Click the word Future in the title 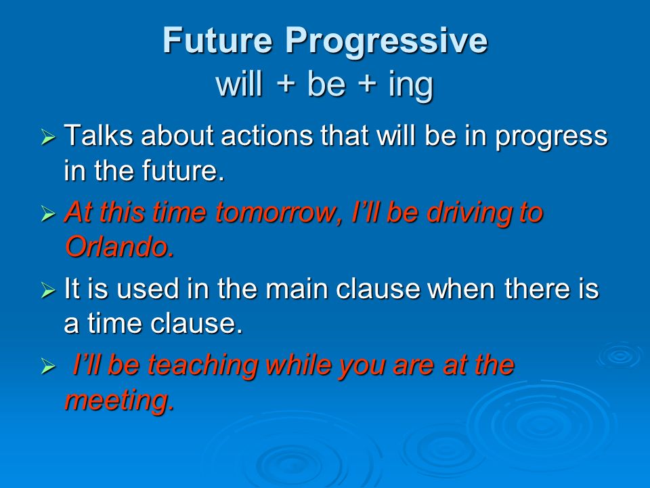coord(217,40)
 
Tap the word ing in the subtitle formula coord(411,86)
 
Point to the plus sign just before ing coord(366,85)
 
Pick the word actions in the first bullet coord(267,136)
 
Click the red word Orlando coord(119,247)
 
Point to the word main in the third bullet coord(297,289)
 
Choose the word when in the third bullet coord(461,289)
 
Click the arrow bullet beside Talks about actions coord(48,137)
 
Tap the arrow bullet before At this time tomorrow coord(48,214)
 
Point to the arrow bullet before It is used coord(48,290)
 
